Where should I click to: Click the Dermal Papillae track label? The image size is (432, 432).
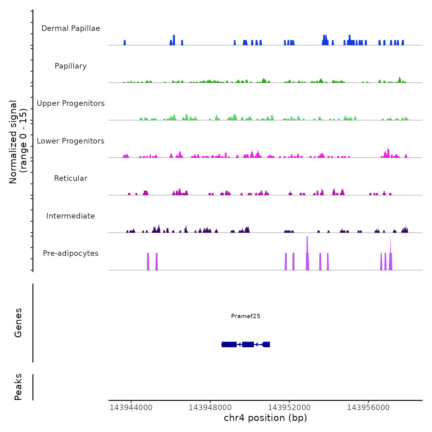coord(71,28)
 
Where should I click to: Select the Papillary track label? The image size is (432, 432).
coord(71,66)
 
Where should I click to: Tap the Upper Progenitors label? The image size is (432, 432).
coord(71,103)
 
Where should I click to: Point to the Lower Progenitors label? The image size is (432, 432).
coord(71,141)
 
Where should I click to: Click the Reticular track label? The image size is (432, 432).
coord(71,178)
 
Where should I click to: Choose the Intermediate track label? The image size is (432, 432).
coord(71,216)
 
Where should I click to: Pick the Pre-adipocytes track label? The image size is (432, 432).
coord(71,253)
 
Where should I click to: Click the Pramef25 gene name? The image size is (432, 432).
coord(246,316)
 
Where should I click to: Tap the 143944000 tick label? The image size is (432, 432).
coord(131,408)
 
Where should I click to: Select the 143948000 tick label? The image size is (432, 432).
coord(210,408)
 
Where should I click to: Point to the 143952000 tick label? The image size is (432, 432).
coord(289,408)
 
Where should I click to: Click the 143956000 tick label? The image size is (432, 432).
coord(368,408)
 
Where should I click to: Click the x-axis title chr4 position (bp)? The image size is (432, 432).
coord(265,418)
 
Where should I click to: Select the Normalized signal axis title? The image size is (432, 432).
coord(18,142)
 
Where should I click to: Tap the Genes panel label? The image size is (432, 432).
coord(18,323)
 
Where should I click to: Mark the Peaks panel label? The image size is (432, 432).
coord(18,387)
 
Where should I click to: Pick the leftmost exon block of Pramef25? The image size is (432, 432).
coord(229,344)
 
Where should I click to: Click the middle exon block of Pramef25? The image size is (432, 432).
coord(248,344)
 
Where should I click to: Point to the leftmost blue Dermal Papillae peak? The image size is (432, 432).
coord(125,43)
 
